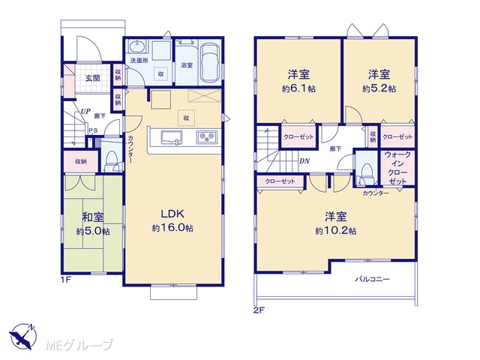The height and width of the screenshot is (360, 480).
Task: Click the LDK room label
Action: (x=172, y=214)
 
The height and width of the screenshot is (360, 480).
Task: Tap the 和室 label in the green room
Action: (x=93, y=217)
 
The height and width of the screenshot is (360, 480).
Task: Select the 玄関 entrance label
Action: (x=92, y=78)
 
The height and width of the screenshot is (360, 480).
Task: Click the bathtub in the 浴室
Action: (x=210, y=63)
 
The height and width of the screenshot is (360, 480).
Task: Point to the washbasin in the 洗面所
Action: (x=137, y=46)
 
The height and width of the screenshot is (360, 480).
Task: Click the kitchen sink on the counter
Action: (x=172, y=137)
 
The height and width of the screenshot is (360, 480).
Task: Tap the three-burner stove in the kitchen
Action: (x=207, y=136)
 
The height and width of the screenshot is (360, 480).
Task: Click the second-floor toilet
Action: (x=367, y=173)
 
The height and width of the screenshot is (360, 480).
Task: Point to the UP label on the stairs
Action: (x=85, y=111)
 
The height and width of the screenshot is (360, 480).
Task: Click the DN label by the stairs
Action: (x=304, y=160)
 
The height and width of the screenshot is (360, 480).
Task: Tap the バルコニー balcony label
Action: (x=372, y=279)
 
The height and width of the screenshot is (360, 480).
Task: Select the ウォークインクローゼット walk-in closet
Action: (x=397, y=168)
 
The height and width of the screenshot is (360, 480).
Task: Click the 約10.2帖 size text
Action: (x=336, y=231)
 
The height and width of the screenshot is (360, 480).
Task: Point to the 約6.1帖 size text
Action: (x=298, y=88)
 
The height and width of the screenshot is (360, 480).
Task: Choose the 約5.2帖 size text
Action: (x=379, y=88)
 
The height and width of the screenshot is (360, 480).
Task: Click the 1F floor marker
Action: (x=66, y=280)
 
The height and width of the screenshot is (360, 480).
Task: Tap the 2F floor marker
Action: (x=259, y=310)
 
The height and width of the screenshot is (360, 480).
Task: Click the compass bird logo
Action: (x=23, y=336)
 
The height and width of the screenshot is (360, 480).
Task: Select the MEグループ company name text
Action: (x=79, y=345)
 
